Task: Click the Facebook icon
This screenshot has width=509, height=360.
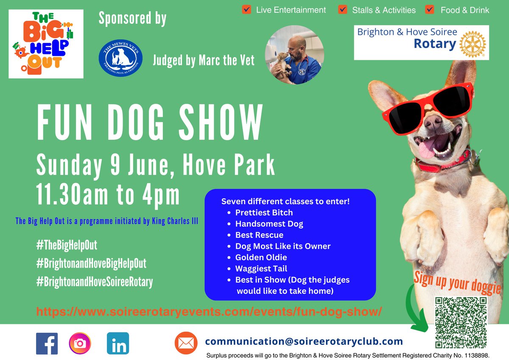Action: point(47,343)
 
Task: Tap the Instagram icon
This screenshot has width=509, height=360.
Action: point(80,343)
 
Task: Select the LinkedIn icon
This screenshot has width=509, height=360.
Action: point(118,343)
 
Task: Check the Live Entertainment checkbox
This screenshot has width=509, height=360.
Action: point(246,9)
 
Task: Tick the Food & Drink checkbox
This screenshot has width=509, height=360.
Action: point(430,9)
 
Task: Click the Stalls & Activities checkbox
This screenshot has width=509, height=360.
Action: point(342,9)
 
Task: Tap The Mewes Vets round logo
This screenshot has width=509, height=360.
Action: point(120,56)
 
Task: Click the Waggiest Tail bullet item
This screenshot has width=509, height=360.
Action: point(261,268)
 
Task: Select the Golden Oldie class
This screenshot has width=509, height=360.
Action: point(261,257)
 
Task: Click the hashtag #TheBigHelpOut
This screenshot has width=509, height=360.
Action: point(67,245)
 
